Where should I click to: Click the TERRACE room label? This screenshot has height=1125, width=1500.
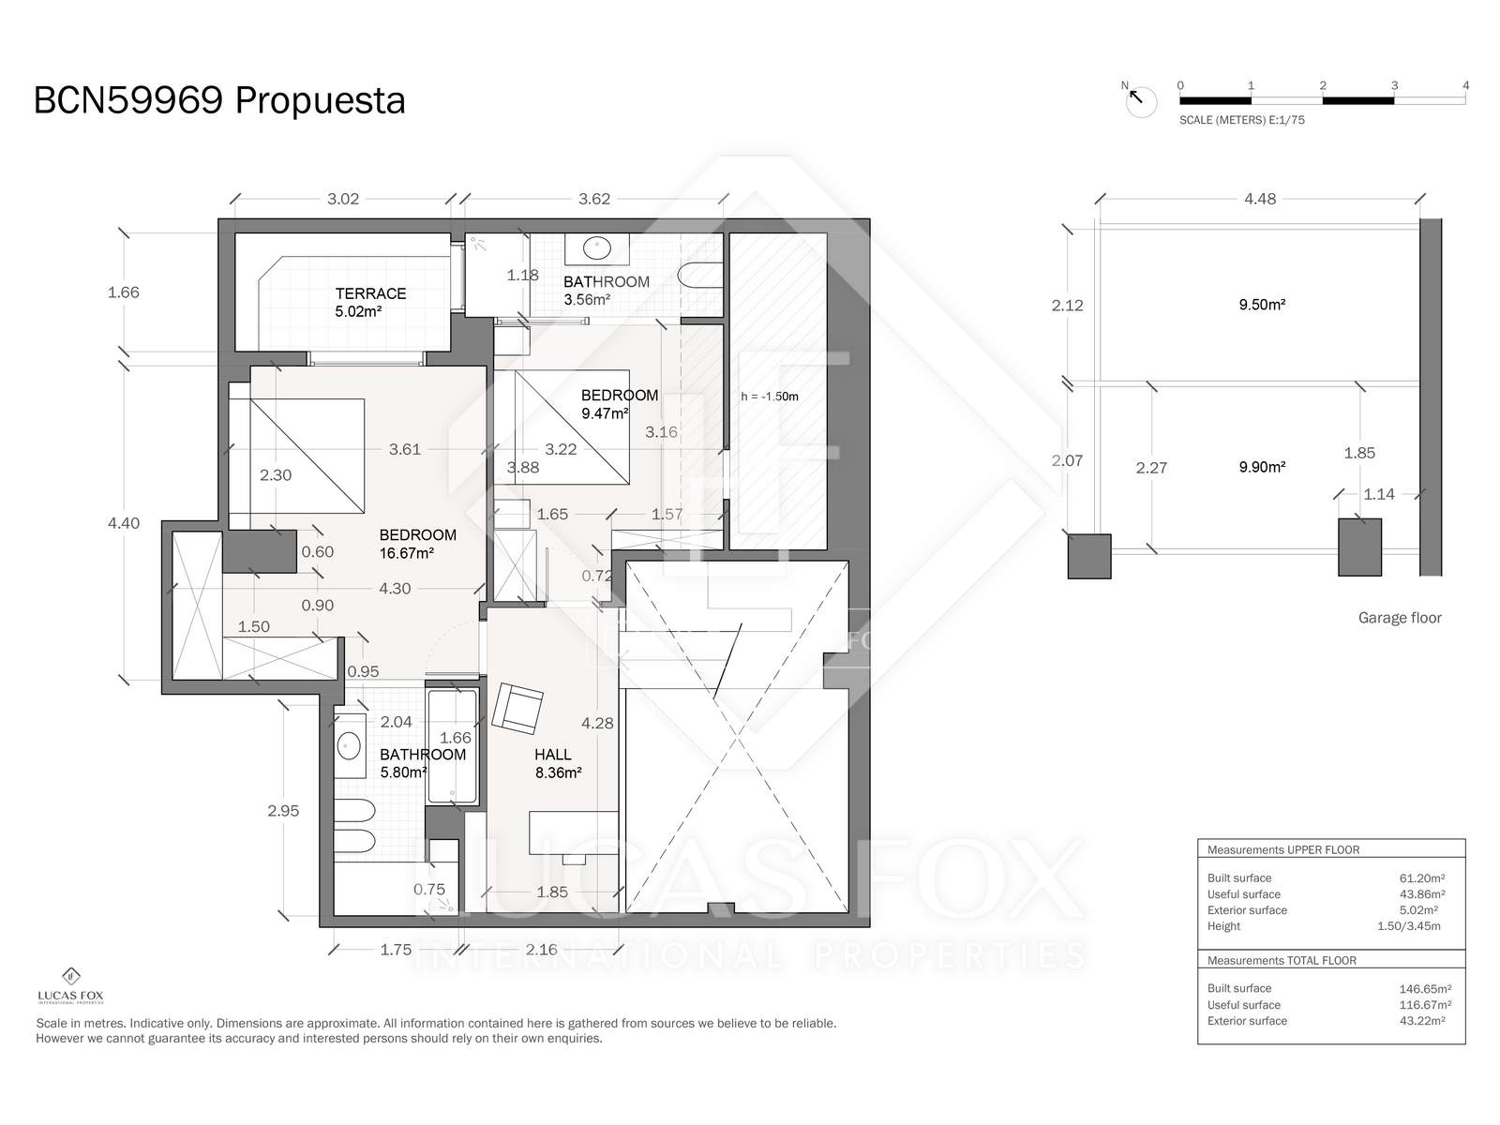[370, 293]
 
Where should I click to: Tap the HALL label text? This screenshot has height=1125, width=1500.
[552, 755]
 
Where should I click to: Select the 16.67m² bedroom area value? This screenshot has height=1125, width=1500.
[407, 553]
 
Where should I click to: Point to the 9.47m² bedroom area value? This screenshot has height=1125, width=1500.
[605, 413]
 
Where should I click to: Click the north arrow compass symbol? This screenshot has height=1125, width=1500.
[1139, 100]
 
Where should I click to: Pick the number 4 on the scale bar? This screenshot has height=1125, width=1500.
[1465, 86]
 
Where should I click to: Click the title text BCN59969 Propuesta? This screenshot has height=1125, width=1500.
[219, 100]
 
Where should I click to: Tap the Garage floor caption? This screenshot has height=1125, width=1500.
[1400, 618]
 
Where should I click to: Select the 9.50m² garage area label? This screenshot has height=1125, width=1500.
[1262, 305]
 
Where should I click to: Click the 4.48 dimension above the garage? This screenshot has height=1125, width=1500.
[1260, 199]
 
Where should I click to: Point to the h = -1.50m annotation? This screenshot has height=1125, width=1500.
[770, 397]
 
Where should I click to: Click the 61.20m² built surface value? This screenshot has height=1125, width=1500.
[1422, 878]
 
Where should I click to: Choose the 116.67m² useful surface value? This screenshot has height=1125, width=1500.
[1425, 1005]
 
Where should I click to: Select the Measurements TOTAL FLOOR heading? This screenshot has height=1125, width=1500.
[1282, 960]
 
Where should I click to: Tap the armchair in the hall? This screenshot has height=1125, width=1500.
[517, 709]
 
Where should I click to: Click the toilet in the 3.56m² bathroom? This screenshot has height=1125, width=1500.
[699, 276]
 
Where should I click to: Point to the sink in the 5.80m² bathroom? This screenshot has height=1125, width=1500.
[349, 745]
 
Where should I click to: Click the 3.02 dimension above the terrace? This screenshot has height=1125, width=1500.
[343, 199]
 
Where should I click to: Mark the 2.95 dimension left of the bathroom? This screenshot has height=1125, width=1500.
[283, 811]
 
